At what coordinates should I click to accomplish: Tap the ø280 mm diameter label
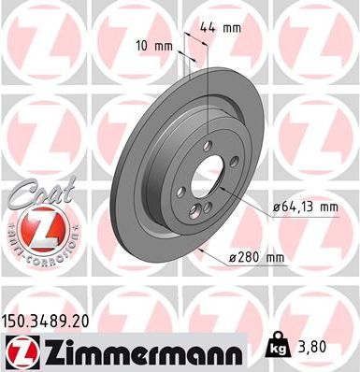click(x=258, y=256)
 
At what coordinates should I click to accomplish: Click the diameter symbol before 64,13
click(x=277, y=207)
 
